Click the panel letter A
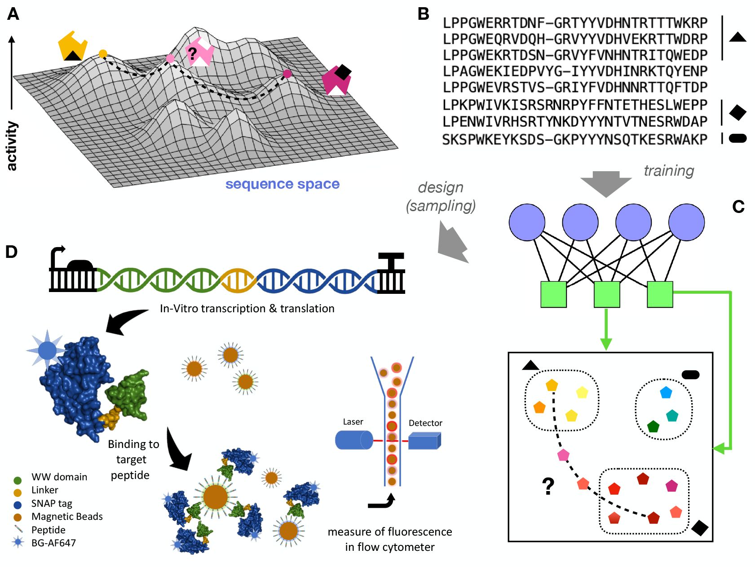pyautogui.click(x=13, y=14)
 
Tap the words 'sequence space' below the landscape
pyautogui.click(x=282, y=184)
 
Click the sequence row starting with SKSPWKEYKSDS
pyautogui.click(x=574, y=140)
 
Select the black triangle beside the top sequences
pyautogui.click(x=737, y=37)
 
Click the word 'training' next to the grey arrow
pyautogui.click(x=669, y=171)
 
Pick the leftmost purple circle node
pyautogui.click(x=527, y=222)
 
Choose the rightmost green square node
pyautogui.click(x=660, y=294)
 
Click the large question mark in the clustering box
pyautogui.click(x=548, y=486)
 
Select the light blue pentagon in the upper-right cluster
pyautogui.click(x=666, y=393)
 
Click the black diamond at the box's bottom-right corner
pyautogui.click(x=700, y=527)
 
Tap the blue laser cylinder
pyautogui.click(x=354, y=440)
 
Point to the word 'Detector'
pyautogui.click(x=425, y=423)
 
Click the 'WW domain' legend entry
pyautogui.click(x=59, y=477)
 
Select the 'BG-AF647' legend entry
pyautogui.click(x=53, y=543)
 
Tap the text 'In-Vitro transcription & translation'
pyautogui.click(x=247, y=308)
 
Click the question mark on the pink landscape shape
pyautogui.click(x=193, y=54)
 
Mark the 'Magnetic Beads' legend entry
pyautogui.click(x=66, y=517)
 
